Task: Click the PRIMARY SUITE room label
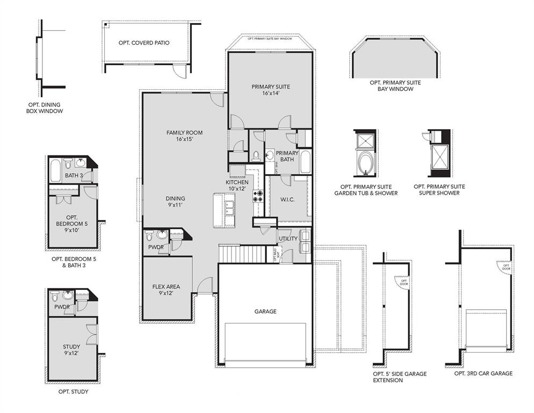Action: [x=270, y=90]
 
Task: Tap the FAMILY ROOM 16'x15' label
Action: [x=184, y=136]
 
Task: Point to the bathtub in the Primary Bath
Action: [x=305, y=161]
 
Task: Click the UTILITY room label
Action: [x=287, y=238]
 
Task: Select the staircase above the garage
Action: [x=242, y=253]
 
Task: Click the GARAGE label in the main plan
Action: [x=265, y=311]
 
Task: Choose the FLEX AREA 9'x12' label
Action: [x=166, y=290]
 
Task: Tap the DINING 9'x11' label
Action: [x=175, y=202]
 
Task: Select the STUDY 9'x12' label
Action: [x=71, y=350]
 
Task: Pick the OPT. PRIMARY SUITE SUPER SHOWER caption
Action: [x=443, y=189]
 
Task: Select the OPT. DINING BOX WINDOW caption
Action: [x=45, y=108]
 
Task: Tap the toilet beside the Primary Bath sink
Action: [x=256, y=156]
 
